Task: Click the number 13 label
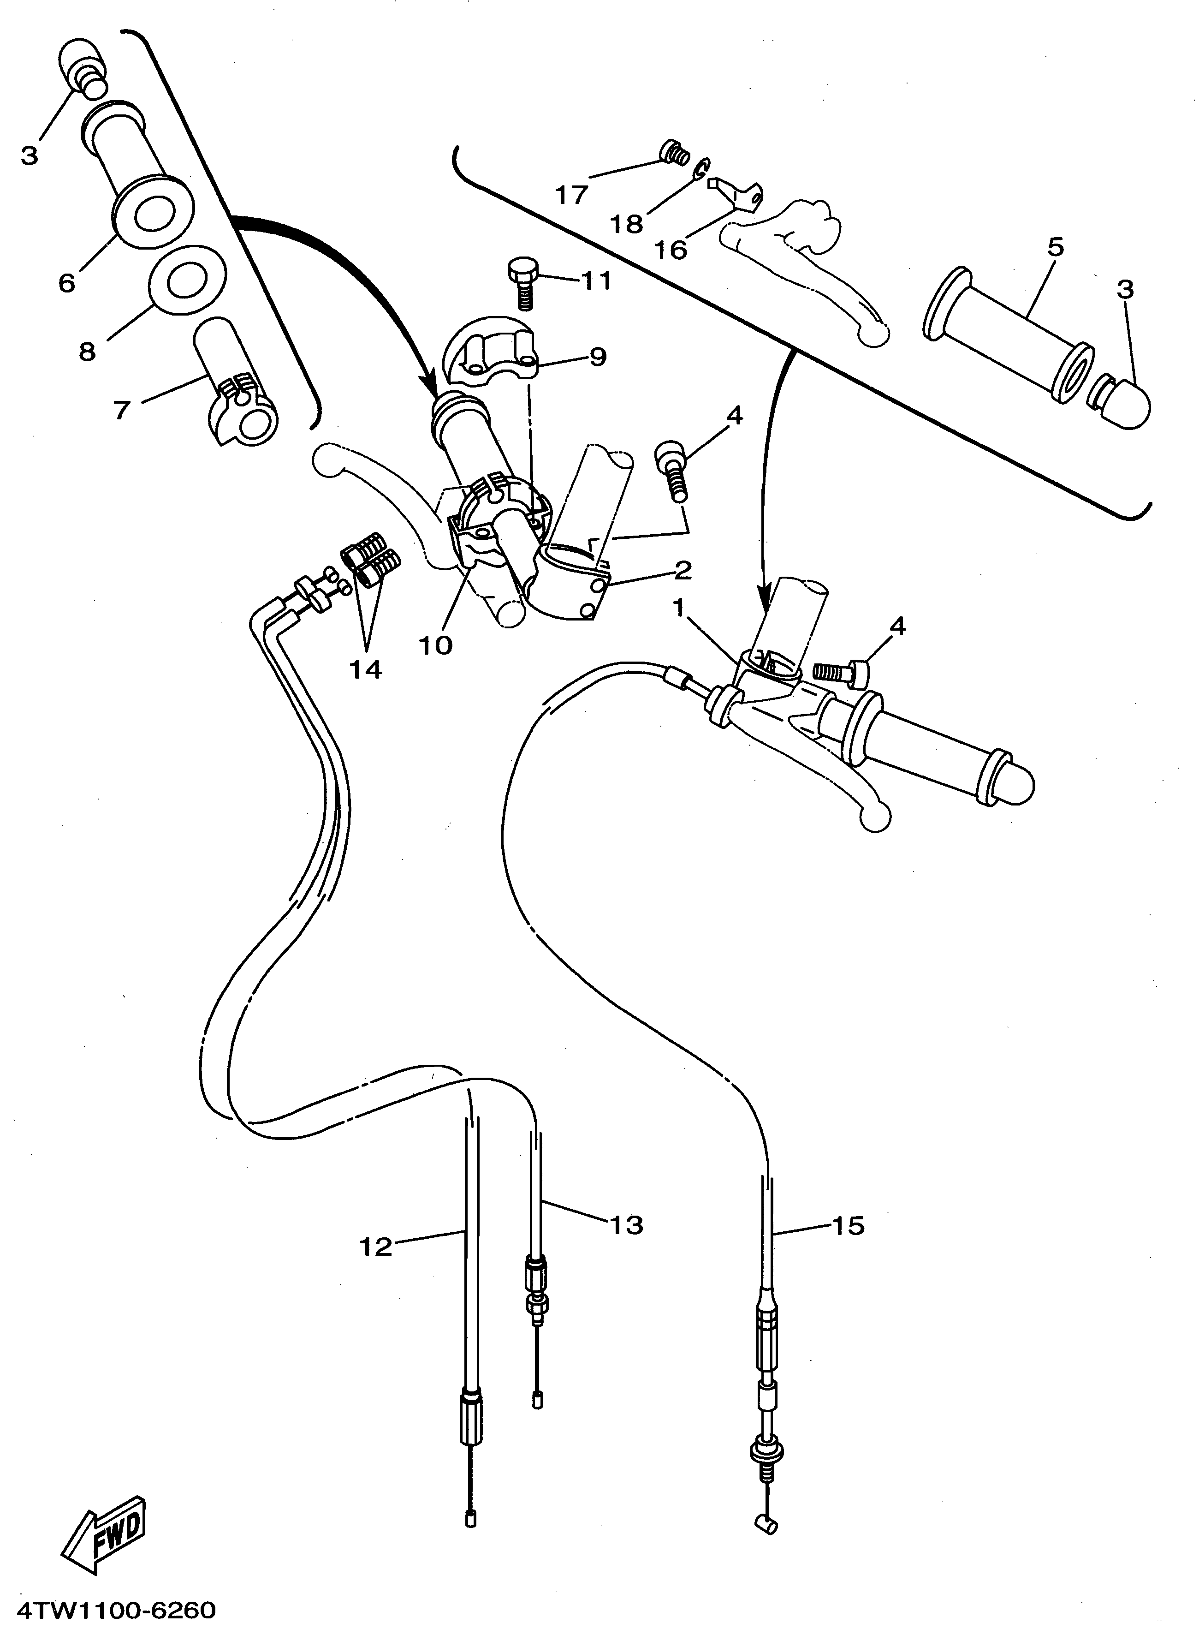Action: [626, 1225]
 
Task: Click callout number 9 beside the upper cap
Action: [597, 357]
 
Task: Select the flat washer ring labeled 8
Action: [187, 279]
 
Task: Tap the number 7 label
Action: [122, 410]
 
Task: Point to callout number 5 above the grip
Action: [1056, 248]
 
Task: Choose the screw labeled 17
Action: [674, 152]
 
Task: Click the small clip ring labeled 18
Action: [700, 171]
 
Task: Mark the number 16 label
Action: [671, 250]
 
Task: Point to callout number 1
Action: [679, 609]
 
